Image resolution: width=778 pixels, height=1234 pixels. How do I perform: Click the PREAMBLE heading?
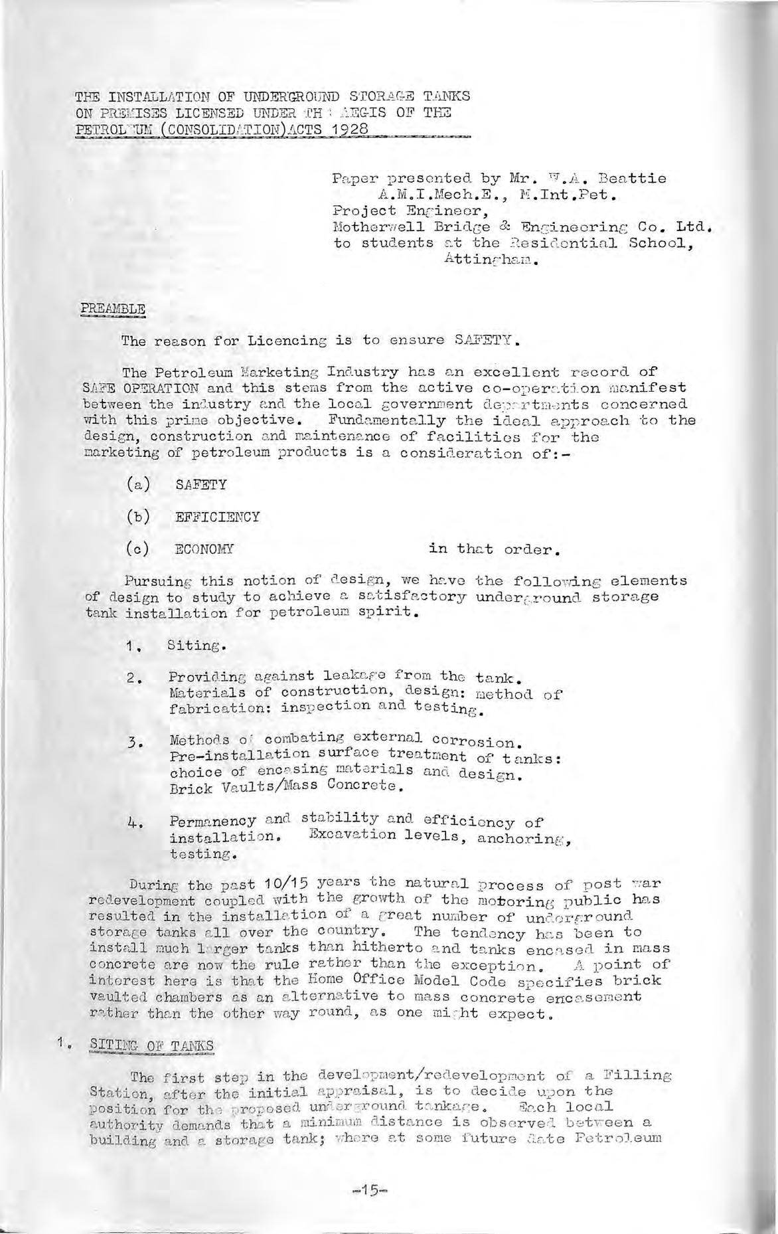pos(113,309)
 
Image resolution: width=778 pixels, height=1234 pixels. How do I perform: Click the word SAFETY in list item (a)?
pos(200,485)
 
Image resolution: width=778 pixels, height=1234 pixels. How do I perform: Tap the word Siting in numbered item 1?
pos(196,645)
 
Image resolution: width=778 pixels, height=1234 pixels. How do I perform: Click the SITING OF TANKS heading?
pos(151,1045)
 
